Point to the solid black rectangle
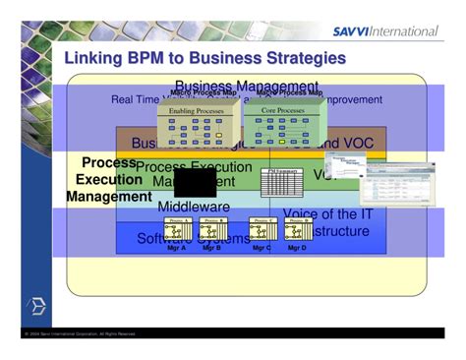click(x=195, y=182)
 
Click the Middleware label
click(x=194, y=208)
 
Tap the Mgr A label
click(x=177, y=248)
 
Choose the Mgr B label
click(x=211, y=248)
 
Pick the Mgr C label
click(x=262, y=248)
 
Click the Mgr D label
click(x=298, y=248)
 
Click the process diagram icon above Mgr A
click(x=178, y=230)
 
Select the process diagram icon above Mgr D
click(x=297, y=230)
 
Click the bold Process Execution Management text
click(x=109, y=180)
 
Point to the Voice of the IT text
click(x=326, y=214)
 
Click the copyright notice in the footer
click(x=80, y=334)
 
